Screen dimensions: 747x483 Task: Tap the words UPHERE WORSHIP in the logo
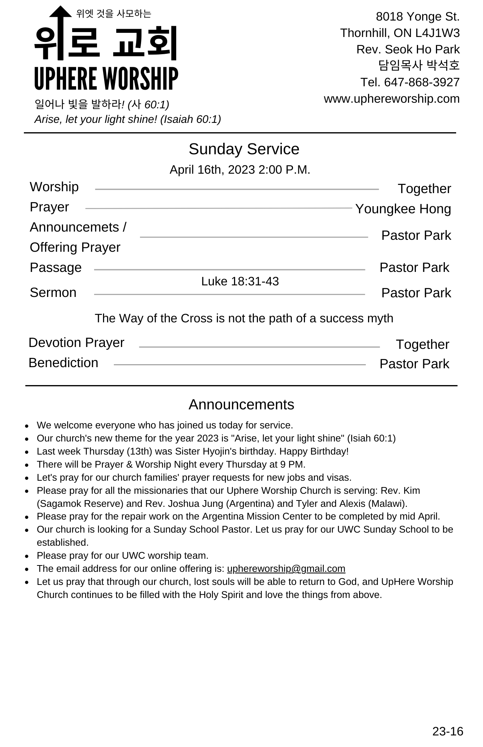(106, 79)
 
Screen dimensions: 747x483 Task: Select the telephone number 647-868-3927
(422, 82)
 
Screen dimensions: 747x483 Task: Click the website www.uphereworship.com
(392, 99)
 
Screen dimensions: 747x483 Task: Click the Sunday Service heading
(244, 149)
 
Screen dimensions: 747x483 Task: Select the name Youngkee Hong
(403, 209)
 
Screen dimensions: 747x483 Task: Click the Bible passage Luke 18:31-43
(240, 281)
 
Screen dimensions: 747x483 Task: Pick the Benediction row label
(63, 363)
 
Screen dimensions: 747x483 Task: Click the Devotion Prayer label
(76, 342)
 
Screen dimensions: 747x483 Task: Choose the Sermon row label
(53, 292)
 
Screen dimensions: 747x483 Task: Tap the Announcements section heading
(241, 405)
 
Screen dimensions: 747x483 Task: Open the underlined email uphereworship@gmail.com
(286, 568)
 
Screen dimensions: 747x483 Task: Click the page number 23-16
(448, 731)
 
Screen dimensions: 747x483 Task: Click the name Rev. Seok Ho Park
(408, 49)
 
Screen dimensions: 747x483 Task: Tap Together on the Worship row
(424, 189)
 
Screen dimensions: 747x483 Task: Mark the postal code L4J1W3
(437, 33)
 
